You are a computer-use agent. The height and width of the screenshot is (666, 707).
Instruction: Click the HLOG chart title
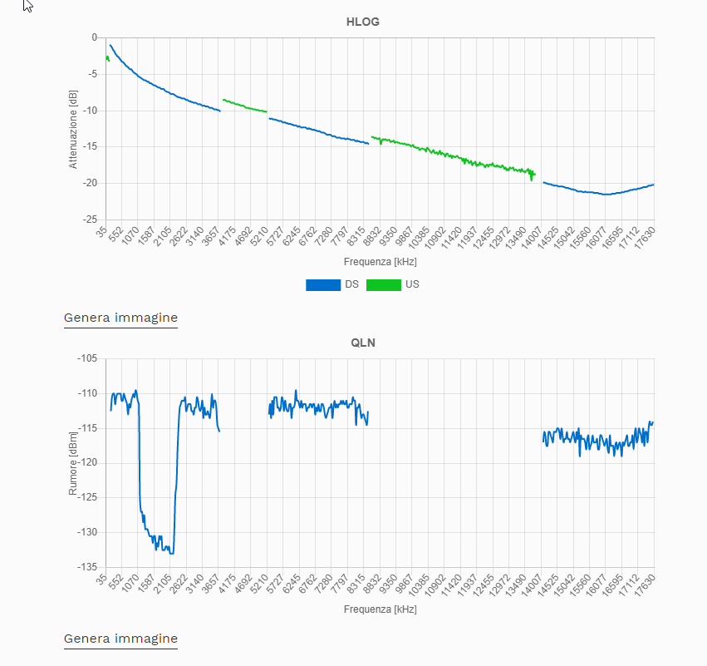point(363,22)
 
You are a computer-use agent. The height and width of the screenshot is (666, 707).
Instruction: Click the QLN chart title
point(363,343)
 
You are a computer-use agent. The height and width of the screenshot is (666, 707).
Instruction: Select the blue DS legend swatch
point(323,284)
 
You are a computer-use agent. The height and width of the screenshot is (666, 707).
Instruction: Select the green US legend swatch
point(383,284)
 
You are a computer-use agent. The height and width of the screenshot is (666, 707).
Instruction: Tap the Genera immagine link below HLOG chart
point(120,318)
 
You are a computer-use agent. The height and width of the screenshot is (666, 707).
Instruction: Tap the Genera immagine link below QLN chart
point(120,639)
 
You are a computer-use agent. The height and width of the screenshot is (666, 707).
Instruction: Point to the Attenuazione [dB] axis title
point(73,129)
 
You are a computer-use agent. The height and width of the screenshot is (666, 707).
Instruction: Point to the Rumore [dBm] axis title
point(73,463)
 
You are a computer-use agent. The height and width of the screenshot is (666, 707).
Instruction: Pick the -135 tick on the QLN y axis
point(86,567)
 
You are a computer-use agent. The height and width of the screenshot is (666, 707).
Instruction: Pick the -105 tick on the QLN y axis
point(86,358)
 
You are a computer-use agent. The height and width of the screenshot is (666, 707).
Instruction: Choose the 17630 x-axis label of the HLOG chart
point(643,239)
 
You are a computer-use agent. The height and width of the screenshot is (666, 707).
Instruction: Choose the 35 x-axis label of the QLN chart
point(101,579)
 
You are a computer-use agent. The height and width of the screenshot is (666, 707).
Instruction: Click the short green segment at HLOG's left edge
point(107,57)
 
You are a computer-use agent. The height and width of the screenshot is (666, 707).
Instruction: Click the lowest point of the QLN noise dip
point(170,553)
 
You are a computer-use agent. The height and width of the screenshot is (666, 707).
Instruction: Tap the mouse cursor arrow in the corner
point(27,6)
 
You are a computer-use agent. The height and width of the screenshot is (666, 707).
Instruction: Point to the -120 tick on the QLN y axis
point(86,462)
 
